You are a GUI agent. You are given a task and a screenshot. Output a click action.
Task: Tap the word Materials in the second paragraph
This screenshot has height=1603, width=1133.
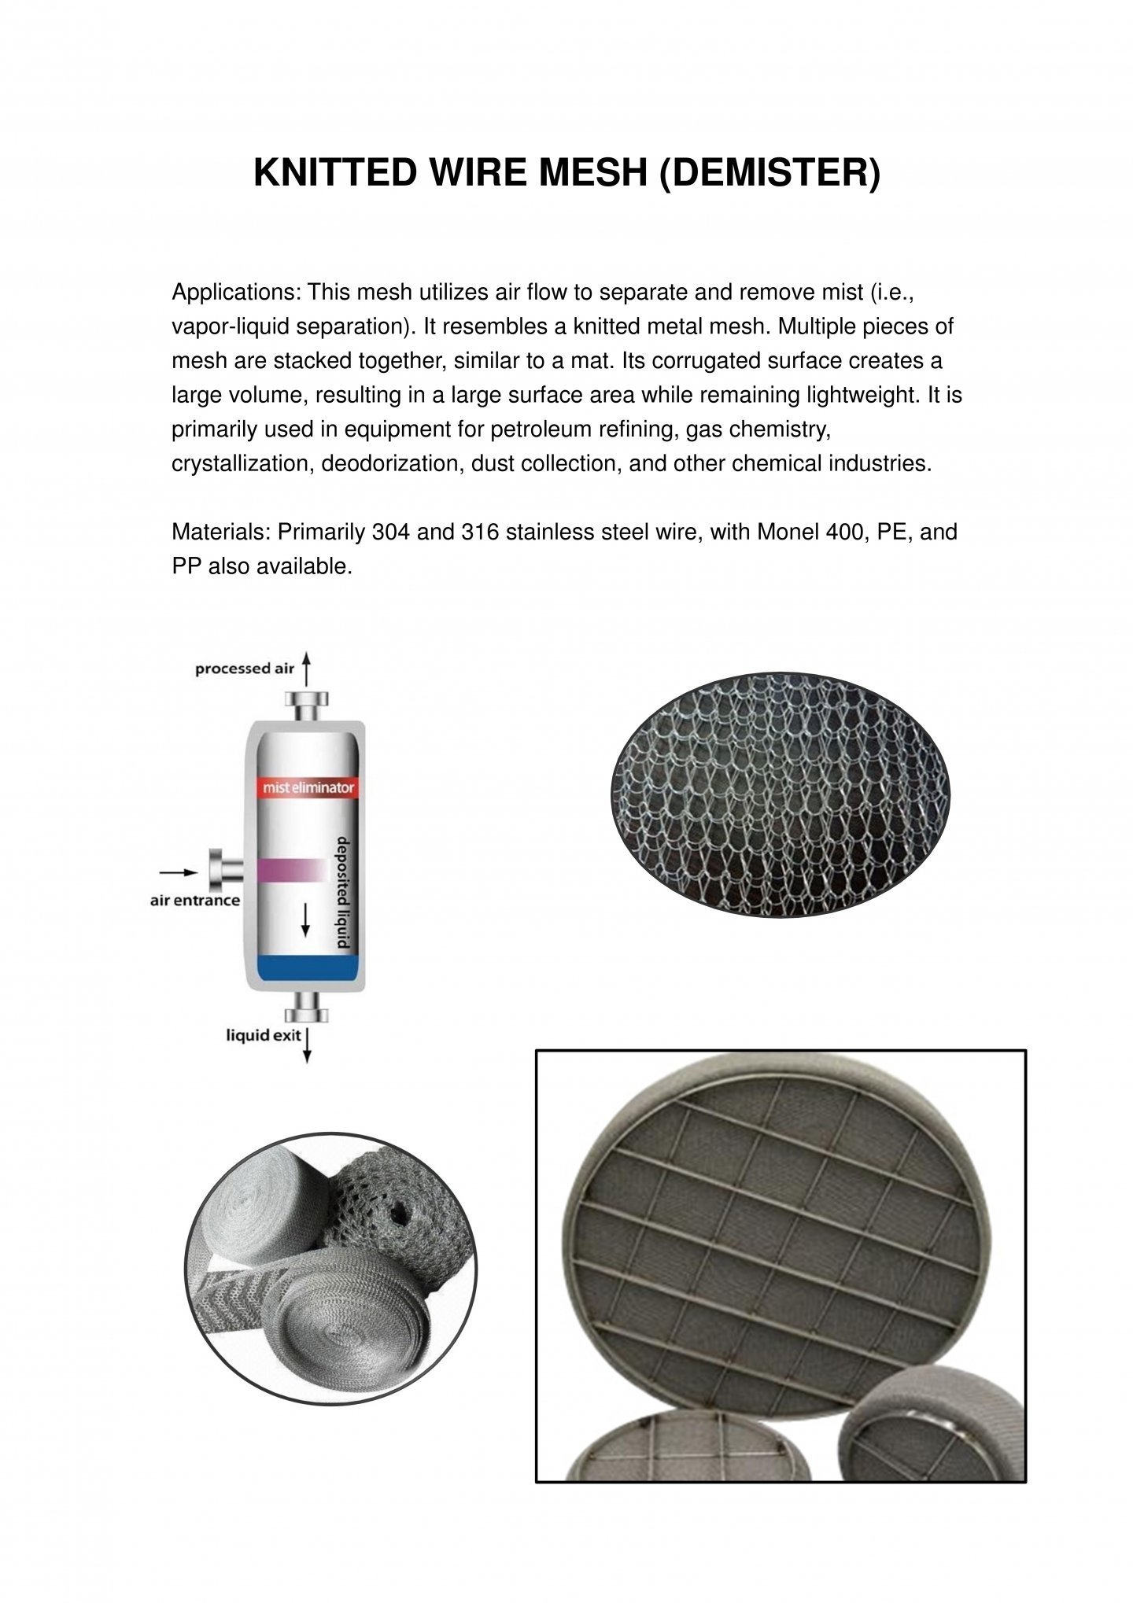click(x=221, y=532)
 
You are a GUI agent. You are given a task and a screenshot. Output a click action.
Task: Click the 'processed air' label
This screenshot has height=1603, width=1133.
click(x=244, y=669)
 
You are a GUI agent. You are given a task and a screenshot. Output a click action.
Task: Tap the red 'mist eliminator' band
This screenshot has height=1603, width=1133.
click(x=308, y=787)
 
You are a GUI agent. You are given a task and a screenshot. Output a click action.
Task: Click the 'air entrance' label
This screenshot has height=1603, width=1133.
click(x=195, y=900)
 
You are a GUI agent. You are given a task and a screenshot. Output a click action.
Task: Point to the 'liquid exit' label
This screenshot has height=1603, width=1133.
click(x=264, y=1035)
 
